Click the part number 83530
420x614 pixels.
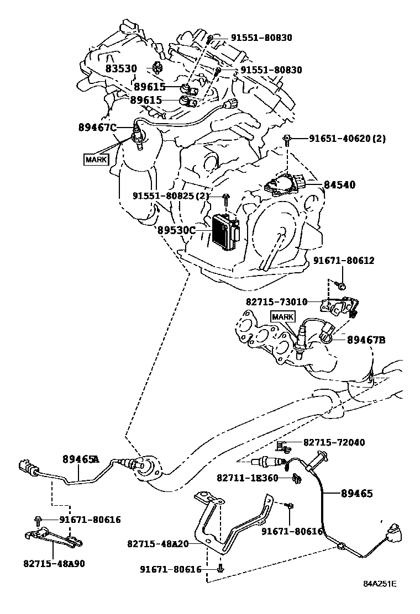(x=122, y=69)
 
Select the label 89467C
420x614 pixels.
(x=98, y=128)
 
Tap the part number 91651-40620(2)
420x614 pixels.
(x=339, y=139)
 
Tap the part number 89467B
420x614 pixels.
(x=366, y=340)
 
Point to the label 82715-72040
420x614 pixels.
(x=333, y=443)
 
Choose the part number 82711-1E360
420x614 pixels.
(x=248, y=478)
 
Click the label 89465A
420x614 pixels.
(x=81, y=459)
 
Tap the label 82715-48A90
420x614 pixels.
(x=54, y=564)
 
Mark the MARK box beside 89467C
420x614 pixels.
(x=96, y=160)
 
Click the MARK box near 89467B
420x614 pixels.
(x=282, y=316)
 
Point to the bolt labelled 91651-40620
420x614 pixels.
(x=287, y=140)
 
